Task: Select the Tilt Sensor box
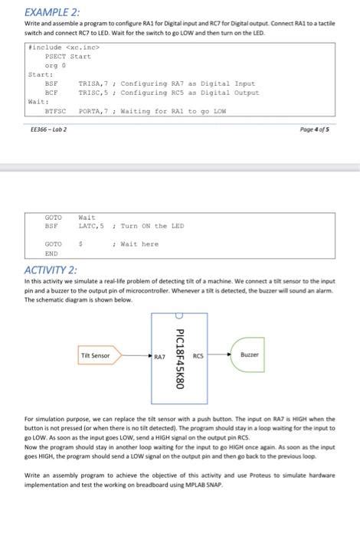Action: (96, 355)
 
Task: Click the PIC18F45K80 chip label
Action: (180, 358)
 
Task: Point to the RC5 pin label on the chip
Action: (198, 357)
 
